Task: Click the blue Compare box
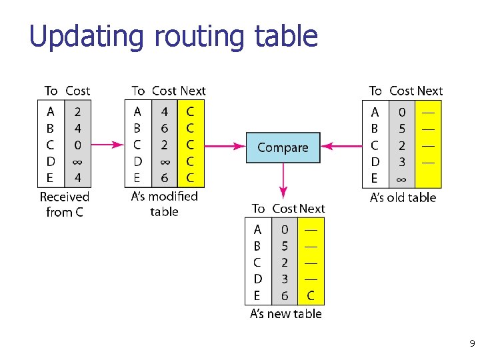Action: click(283, 147)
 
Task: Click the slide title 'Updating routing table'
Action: click(173, 36)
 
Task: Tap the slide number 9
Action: click(472, 344)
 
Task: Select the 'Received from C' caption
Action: click(64, 205)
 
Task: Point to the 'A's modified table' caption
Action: click(165, 204)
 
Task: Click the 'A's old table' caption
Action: click(403, 197)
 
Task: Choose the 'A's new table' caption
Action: click(285, 313)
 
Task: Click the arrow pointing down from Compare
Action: click(283, 180)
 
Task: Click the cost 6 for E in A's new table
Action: click(285, 295)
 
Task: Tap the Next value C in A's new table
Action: click(311, 295)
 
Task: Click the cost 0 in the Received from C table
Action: click(78, 145)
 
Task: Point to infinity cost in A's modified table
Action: click(165, 161)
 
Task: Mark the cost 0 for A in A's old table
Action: click(401, 112)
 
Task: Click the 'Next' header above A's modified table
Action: click(193, 91)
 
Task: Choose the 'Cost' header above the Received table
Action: click(77, 91)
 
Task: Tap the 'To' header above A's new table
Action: click(258, 209)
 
